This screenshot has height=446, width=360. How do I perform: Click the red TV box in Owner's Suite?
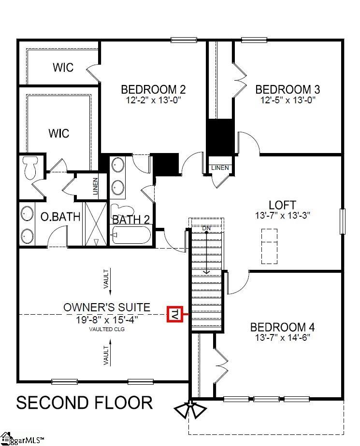click(x=174, y=314)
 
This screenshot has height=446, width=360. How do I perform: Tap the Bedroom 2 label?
click(x=153, y=90)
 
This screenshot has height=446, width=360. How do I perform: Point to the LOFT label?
click(x=282, y=205)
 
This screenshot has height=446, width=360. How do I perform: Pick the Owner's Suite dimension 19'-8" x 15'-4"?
click(x=107, y=319)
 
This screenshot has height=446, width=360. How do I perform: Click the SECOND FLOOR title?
click(x=85, y=402)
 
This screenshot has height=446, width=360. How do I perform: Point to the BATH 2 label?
click(x=131, y=220)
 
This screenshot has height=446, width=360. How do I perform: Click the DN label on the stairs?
click(x=206, y=227)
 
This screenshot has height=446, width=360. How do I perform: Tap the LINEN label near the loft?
click(x=220, y=168)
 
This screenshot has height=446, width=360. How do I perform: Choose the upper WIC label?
click(x=63, y=67)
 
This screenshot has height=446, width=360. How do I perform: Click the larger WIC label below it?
click(x=58, y=133)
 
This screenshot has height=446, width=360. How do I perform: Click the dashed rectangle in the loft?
click(x=270, y=246)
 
